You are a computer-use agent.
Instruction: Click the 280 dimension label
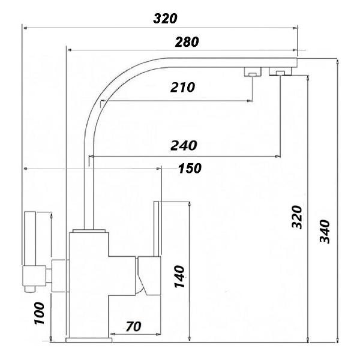pyautogui.click(x=187, y=42)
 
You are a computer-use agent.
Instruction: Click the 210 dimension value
pyautogui.click(x=182, y=88)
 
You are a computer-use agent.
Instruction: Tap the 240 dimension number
pyautogui.click(x=185, y=146)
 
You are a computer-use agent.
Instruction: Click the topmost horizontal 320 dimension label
pyautogui.click(x=165, y=18)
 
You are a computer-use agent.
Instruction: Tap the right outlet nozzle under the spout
pyautogui.click(x=280, y=73)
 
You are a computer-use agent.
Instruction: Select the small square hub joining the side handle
pyautogui.click(x=59, y=275)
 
